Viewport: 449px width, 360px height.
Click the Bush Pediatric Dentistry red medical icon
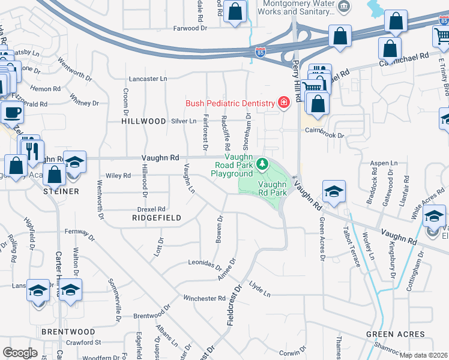pos(282,103)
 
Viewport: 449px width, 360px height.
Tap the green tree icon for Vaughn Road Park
pos(262,164)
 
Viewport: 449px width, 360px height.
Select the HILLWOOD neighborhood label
pos(143,121)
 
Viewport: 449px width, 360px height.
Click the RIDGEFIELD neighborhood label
pos(157,218)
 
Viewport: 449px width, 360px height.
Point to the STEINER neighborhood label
pos(61,191)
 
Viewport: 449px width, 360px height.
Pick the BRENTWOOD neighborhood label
pos(68,332)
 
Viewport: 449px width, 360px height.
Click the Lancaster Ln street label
pos(148,79)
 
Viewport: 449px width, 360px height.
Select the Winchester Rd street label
pos(204,298)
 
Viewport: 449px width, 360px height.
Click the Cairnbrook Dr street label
pos(324,136)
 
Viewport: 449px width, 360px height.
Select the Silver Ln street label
pos(184,121)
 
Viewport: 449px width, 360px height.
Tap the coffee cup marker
pos(12,112)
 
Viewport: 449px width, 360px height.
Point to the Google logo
pos(20,352)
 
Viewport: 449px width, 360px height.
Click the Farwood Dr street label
pos(190,28)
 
